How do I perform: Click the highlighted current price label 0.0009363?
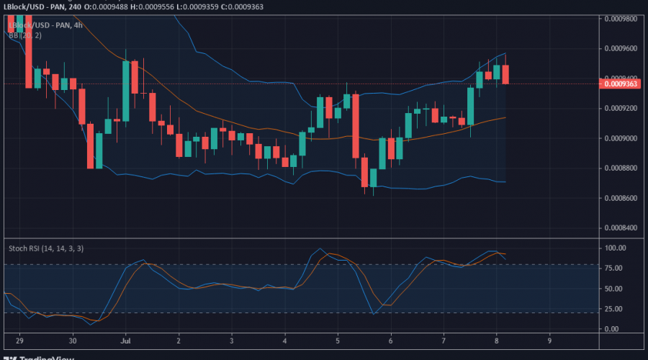pyautogui.click(x=620, y=84)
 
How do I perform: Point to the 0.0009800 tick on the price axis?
pyautogui.click(x=620, y=18)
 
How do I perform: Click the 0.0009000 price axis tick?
pyautogui.click(x=620, y=138)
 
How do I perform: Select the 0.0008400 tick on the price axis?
pyautogui.click(x=620, y=228)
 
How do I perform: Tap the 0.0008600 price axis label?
pyautogui.click(x=620, y=198)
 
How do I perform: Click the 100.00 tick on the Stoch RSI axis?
pyautogui.click(x=616, y=248)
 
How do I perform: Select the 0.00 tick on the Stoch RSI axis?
pyautogui.click(x=612, y=329)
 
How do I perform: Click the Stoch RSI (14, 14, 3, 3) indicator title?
pyautogui.click(x=45, y=248)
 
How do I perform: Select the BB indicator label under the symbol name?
pyautogui.click(x=24, y=35)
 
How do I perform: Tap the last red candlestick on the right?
pyautogui.click(x=505, y=73)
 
